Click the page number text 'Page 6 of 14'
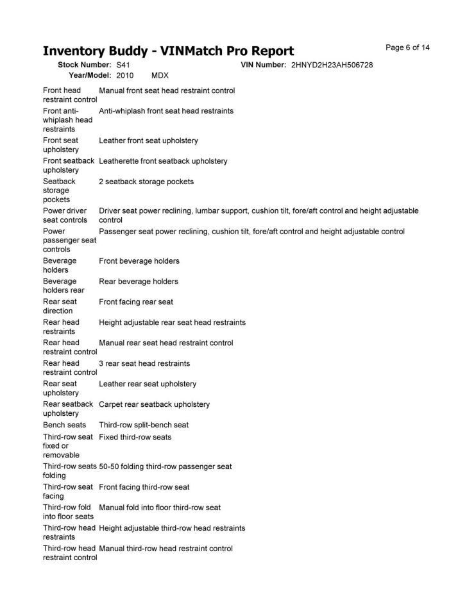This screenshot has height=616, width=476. [407, 47]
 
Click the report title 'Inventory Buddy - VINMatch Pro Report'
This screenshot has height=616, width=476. [168, 51]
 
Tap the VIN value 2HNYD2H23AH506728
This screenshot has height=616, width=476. [332, 65]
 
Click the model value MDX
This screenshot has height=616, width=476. [160, 75]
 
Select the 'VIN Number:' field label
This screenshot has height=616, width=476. [264, 65]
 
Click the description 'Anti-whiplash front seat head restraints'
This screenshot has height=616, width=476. [166, 111]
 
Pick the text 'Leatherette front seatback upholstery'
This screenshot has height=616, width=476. [163, 161]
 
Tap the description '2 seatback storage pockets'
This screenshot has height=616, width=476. [146, 182]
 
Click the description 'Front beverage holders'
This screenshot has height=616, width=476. [139, 261]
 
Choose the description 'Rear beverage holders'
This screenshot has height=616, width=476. [139, 282]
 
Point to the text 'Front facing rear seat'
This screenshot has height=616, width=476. [136, 302]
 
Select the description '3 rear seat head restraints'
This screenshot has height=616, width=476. [144, 364]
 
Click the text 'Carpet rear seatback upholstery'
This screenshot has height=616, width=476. [154, 405]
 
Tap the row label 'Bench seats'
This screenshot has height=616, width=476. [64, 425]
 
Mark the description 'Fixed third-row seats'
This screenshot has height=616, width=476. [135, 438]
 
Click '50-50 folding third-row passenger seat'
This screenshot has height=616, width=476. [166, 466]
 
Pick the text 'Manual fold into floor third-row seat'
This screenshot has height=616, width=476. [160, 508]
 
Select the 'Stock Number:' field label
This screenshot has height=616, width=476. [85, 65]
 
